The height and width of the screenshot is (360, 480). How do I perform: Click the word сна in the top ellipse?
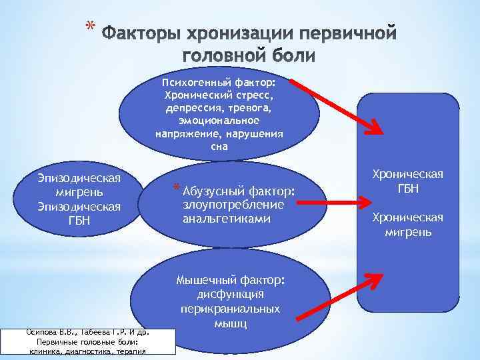[x=219, y=146]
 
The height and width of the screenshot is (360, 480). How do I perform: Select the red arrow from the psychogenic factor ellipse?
[x=333, y=107]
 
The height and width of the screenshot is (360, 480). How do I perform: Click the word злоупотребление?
[x=233, y=204]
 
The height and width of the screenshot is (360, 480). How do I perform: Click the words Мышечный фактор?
[x=230, y=280]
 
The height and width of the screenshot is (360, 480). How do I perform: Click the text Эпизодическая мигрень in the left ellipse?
[x=79, y=185]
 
